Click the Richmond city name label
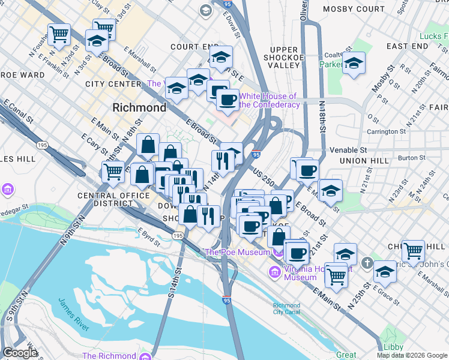[139, 108]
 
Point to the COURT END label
[194, 46]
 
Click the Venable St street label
[348, 149]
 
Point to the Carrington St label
[386, 131]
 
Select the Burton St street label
[411, 158]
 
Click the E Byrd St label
[149, 233]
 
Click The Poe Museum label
[238, 253]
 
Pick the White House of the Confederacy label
[269, 100]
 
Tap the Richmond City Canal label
[286, 308]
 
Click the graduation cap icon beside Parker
[354, 64]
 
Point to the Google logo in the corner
[20, 353]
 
